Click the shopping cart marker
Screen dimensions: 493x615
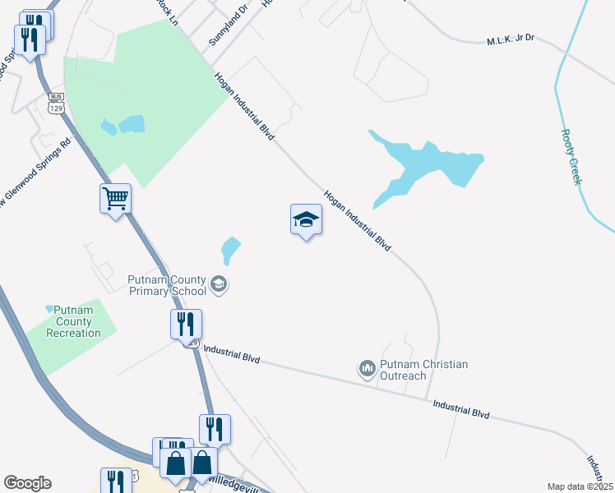click(116, 198)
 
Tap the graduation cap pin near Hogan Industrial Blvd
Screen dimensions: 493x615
click(306, 219)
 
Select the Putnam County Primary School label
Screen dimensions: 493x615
click(168, 284)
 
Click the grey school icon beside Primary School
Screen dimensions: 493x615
click(219, 284)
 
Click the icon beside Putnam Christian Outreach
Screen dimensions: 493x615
click(367, 369)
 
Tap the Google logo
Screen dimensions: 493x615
click(27, 483)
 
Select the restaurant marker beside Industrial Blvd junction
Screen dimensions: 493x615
click(187, 324)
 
